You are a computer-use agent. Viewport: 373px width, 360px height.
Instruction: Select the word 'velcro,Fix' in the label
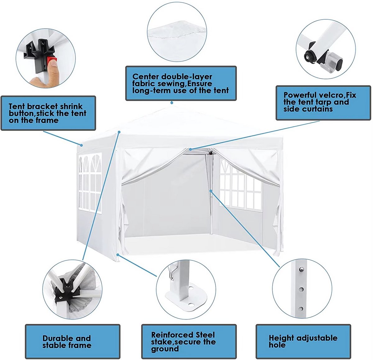click(338, 95)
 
